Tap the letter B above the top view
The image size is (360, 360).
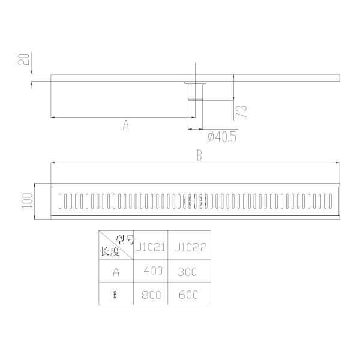click(x=199, y=155)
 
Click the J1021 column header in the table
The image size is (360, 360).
click(x=150, y=246)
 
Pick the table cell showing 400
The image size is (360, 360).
click(x=153, y=271)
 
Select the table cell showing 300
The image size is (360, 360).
click(x=187, y=271)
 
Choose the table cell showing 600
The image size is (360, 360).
click(x=187, y=295)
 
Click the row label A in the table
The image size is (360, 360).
click(x=116, y=271)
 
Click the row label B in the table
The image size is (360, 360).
click(x=116, y=295)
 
